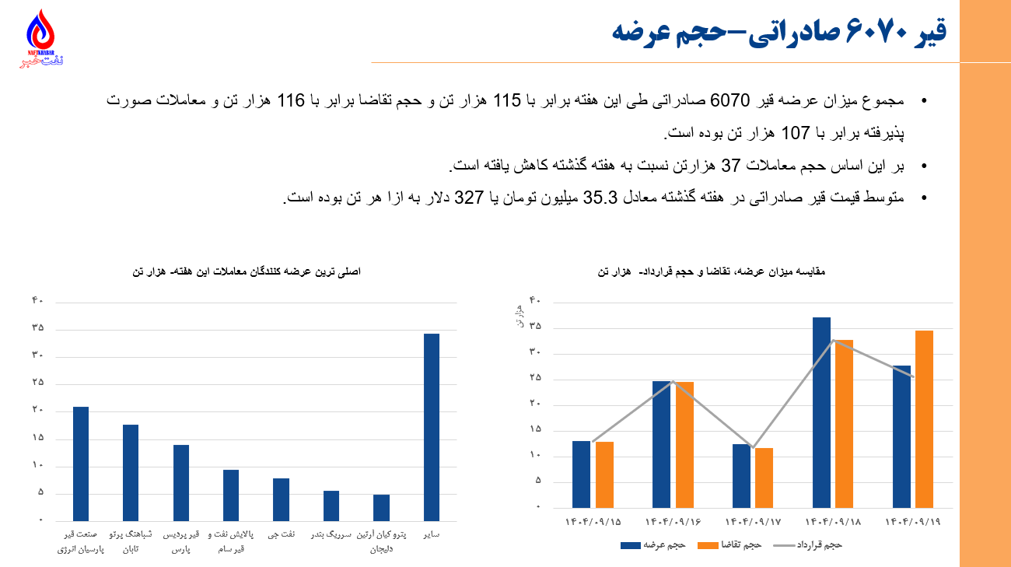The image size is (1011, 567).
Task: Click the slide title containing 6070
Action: pyautogui.click(x=778, y=31)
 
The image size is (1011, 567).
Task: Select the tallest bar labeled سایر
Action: pyautogui.click(x=431, y=426)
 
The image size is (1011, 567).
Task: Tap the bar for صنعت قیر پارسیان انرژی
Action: pyautogui.click(x=81, y=464)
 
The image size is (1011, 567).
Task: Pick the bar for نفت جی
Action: pyautogui.click(x=281, y=499)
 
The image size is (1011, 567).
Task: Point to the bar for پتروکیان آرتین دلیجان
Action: pyautogui.click(x=381, y=507)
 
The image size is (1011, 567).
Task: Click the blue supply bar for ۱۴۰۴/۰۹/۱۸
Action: pyautogui.click(x=821, y=412)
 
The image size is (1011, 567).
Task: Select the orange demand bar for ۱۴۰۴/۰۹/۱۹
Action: pyautogui.click(x=924, y=418)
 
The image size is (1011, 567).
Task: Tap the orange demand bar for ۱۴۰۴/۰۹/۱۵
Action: pyautogui.click(x=604, y=474)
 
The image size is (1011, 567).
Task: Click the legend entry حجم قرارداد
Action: pyautogui.click(x=817, y=545)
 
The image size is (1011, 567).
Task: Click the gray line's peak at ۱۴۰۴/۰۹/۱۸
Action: pyautogui.click(x=833, y=340)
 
